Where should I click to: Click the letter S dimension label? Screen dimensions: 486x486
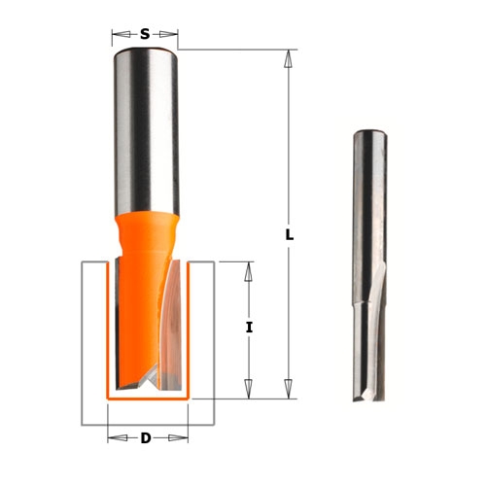[x=145, y=34]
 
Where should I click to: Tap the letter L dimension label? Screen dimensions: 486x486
[x=290, y=235]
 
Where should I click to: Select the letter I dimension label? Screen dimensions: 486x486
[x=249, y=328]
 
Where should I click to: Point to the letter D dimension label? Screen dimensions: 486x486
[x=146, y=438]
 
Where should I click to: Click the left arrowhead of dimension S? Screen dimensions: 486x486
[x=121, y=34]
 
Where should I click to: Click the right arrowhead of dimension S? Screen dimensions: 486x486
[x=168, y=34]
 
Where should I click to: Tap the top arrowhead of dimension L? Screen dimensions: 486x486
[x=288, y=58]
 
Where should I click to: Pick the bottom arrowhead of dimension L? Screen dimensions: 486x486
[x=288, y=389]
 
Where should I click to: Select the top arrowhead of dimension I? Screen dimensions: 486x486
[x=249, y=271]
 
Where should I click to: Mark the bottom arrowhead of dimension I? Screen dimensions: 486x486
[x=249, y=389]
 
